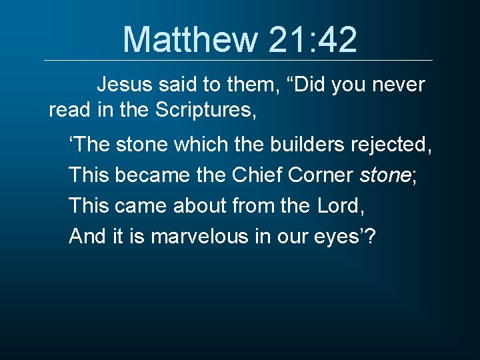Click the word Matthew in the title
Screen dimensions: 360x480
tap(190, 39)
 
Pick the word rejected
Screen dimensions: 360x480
tap(396, 145)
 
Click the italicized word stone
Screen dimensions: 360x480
tap(385, 175)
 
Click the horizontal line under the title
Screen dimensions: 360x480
tap(239, 61)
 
